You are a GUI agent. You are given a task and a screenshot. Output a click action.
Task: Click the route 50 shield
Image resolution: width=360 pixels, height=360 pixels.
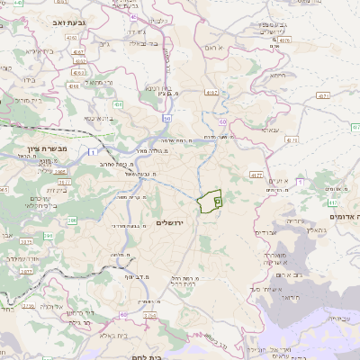(x=166, y=117)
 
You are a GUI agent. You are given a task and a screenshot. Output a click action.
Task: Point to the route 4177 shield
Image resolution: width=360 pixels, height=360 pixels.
(x=256, y=175)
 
